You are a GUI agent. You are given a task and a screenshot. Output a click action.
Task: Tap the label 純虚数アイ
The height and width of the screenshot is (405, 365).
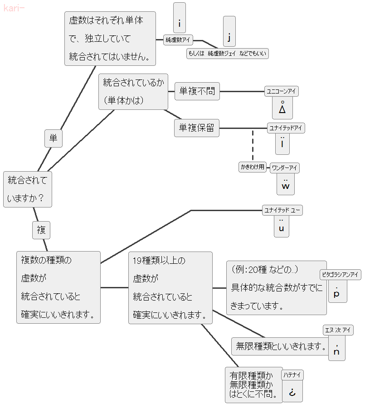(x=178, y=40)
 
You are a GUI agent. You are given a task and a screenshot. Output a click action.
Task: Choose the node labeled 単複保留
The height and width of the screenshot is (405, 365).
(x=197, y=128)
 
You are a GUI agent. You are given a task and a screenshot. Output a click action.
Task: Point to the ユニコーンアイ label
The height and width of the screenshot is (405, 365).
(x=282, y=92)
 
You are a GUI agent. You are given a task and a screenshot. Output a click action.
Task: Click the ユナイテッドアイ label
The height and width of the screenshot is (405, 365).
(x=286, y=128)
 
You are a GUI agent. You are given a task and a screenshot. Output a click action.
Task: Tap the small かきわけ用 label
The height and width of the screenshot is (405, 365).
(x=252, y=167)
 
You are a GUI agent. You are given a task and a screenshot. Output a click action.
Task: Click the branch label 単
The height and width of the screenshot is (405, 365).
(x=54, y=138)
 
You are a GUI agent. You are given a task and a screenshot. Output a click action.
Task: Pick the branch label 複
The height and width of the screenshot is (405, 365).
(x=41, y=230)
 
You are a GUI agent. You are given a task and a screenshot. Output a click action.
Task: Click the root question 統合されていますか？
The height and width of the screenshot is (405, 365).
(x=28, y=189)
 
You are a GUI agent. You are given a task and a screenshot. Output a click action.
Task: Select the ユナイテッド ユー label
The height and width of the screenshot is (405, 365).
(x=282, y=210)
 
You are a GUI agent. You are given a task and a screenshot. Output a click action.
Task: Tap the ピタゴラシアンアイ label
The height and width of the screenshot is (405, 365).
(x=340, y=274)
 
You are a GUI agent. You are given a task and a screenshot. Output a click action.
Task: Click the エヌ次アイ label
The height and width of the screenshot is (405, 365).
(x=338, y=330)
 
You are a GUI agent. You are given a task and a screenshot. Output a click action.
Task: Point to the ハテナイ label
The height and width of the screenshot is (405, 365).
(x=292, y=375)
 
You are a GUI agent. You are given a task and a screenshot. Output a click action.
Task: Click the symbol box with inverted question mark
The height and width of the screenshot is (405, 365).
(x=292, y=391)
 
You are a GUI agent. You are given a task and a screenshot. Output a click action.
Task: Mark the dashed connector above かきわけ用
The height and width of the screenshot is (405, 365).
(x=253, y=145)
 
